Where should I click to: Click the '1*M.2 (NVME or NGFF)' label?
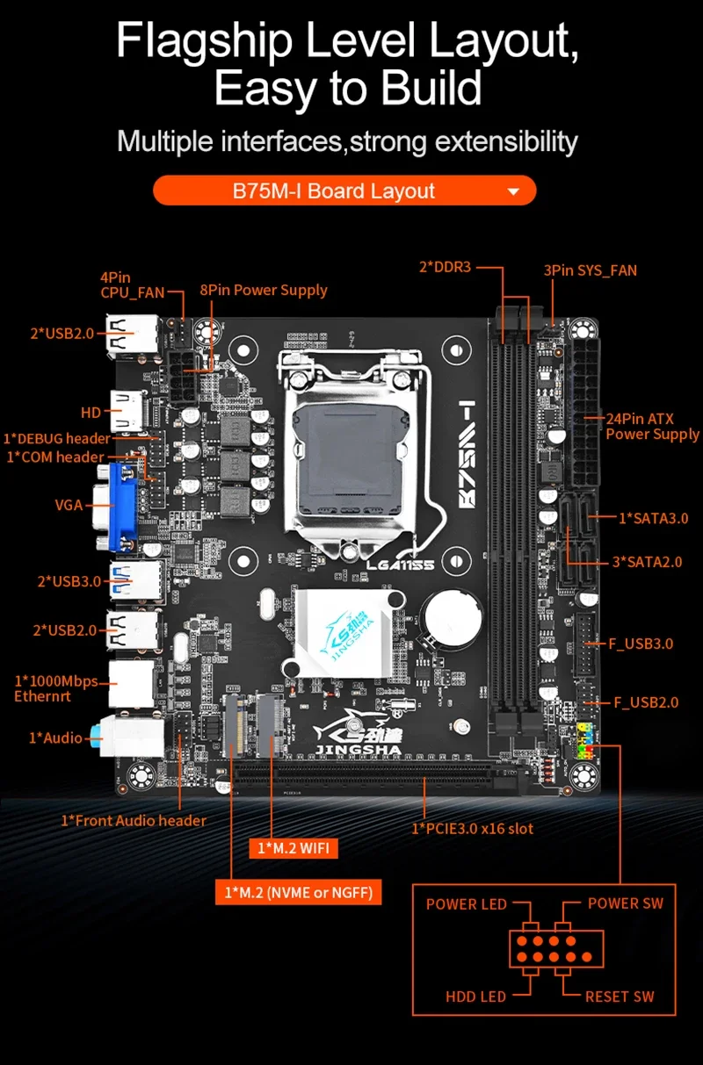click(298, 893)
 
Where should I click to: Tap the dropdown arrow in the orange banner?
click(514, 191)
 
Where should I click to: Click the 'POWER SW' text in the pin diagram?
click(625, 903)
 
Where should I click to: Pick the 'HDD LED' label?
click(475, 997)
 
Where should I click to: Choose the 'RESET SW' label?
click(620, 997)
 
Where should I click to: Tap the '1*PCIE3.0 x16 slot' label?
click(473, 828)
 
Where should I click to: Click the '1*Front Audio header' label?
click(134, 820)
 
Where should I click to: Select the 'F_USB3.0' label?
click(641, 644)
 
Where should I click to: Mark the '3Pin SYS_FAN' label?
click(590, 270)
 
